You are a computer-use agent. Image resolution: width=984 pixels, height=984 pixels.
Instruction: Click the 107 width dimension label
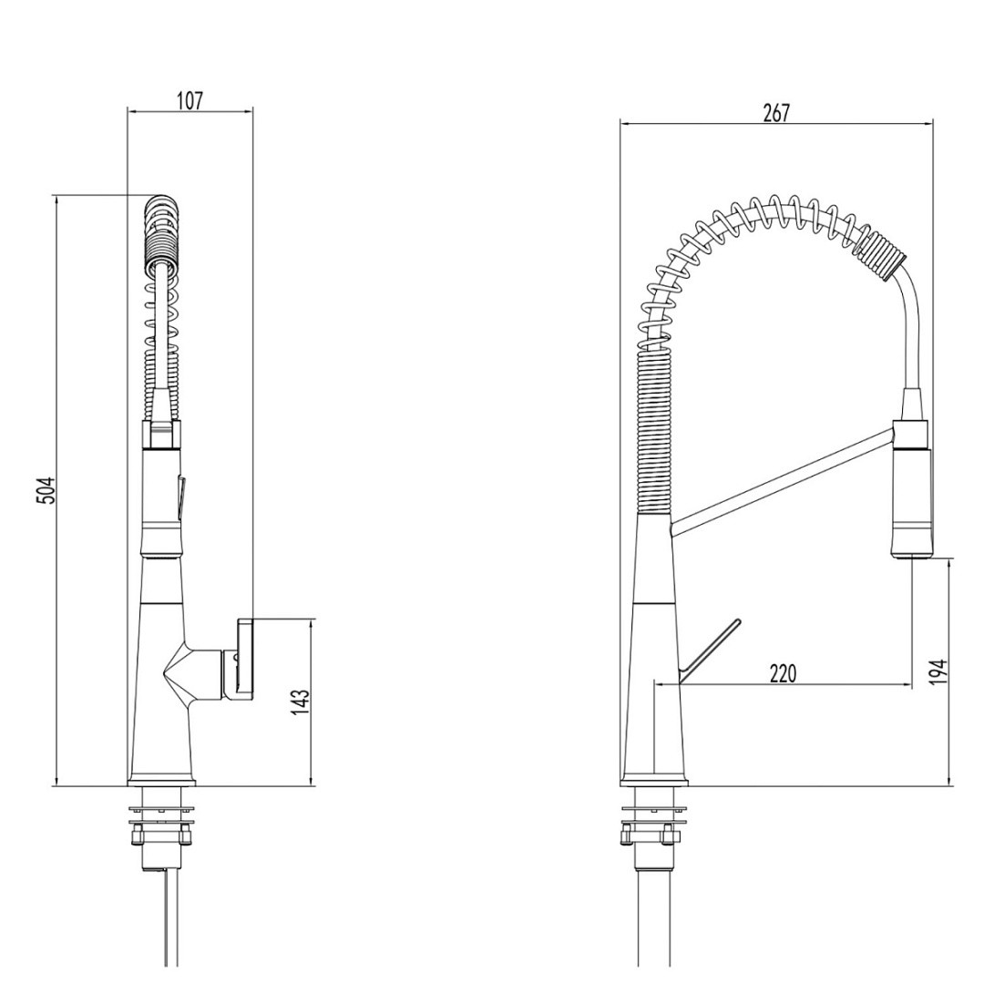click(x=189, y=100)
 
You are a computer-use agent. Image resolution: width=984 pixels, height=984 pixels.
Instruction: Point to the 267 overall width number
click(x=775, y=112)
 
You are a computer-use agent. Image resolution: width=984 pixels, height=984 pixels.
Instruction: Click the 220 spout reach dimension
click(x=783, y=673)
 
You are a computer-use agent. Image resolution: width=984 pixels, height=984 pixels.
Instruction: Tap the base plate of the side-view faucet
click(x=653, y=781)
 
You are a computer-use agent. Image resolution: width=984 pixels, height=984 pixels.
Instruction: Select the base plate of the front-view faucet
click(x=161, y=781)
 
